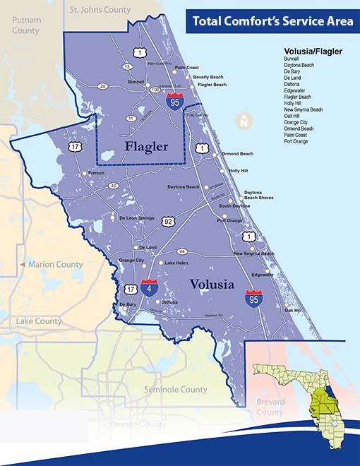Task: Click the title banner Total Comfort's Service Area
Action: [273, 21]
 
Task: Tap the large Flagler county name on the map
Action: [146, 147]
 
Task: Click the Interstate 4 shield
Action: [149, 287]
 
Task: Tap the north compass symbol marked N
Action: [244, 121]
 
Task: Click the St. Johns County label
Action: [99, 10]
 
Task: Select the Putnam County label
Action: [25, 26]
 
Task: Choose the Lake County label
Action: [38, 321]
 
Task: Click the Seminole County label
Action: [175, 390]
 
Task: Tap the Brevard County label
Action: [270, 407]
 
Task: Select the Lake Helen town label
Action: [178, 263]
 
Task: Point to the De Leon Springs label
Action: [136, 218]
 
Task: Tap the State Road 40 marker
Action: [113, 186]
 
